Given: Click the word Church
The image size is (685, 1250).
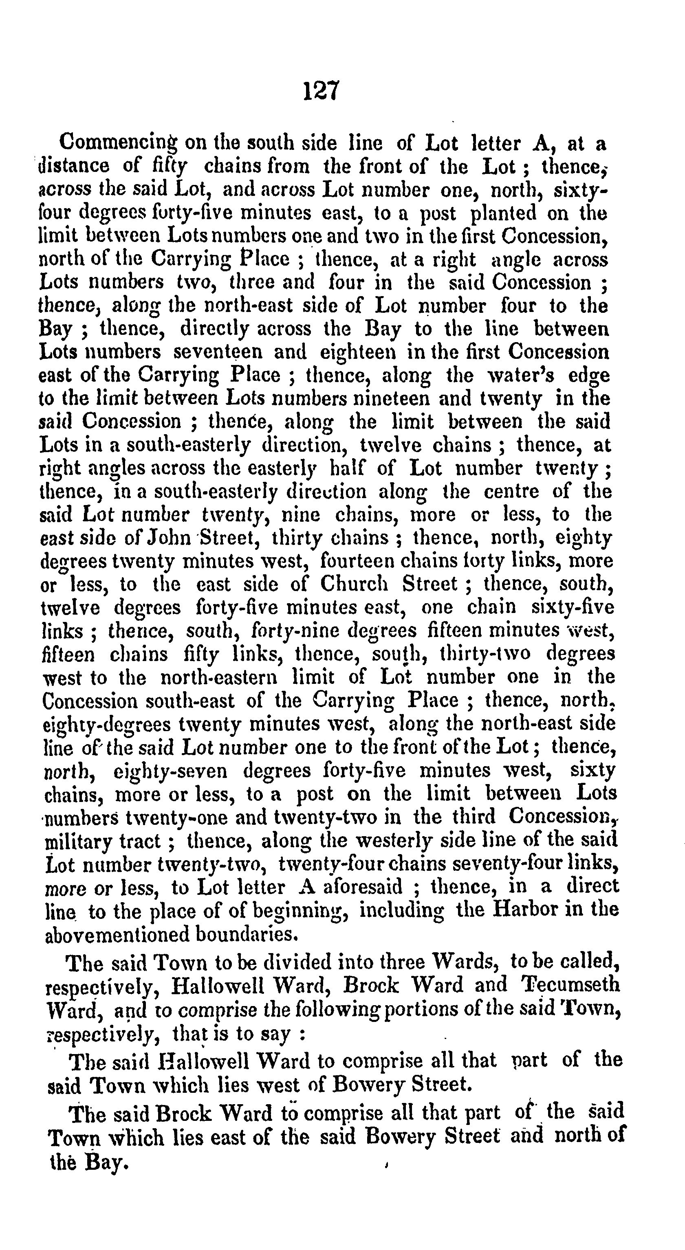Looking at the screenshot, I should point(355,584).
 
